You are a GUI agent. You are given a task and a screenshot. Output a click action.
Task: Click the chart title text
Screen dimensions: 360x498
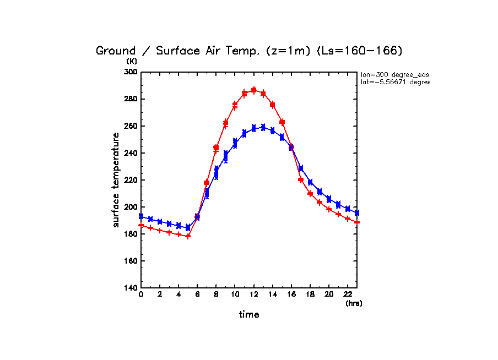tap(250, 51)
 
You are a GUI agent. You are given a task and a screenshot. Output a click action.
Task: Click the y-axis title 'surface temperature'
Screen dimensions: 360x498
tap(116, 179)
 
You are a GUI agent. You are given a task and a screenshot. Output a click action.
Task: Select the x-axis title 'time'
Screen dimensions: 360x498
tap(249, 315)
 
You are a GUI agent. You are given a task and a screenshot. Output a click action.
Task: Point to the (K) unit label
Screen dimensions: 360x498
tap(132, 61)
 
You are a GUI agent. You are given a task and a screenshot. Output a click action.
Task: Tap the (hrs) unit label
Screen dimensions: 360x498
tap(354, 303)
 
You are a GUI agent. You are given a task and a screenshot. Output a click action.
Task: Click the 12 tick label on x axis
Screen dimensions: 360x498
tap(253, 295)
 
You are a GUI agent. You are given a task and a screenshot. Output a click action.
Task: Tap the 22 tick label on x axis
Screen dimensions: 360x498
tap(348, 295)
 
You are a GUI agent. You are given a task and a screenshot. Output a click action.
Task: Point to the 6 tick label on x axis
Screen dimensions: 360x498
tap(197, 295)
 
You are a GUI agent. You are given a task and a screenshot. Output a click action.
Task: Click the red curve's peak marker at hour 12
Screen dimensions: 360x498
tap(254, 90)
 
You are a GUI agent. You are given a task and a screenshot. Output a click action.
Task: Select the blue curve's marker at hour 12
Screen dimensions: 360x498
tap(254, 128)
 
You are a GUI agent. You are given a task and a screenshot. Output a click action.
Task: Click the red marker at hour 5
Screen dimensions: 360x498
tap(188, 236)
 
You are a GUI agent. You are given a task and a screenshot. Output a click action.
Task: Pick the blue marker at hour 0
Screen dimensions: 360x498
tap(141, 216)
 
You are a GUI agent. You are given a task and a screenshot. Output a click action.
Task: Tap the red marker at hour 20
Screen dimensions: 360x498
tap(329, 209)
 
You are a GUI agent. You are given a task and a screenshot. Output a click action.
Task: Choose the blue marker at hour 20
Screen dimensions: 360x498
tap(329, 199)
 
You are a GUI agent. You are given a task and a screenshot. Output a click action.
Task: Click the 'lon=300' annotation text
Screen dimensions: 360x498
tap(394, 74)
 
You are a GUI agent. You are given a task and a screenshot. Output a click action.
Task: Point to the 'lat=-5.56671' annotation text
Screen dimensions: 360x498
tap(394, 82)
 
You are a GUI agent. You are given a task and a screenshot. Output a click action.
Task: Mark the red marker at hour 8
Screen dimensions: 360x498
tap(216, 148)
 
